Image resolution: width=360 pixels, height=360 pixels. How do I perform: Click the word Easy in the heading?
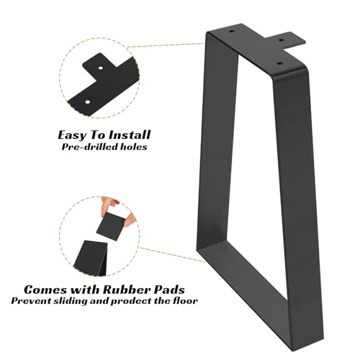72,135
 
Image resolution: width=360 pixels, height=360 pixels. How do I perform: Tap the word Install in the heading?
130,135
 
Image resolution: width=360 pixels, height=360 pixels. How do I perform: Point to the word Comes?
45,289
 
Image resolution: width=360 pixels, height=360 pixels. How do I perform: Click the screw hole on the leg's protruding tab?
282,40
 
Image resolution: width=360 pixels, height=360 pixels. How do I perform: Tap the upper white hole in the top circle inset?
101,68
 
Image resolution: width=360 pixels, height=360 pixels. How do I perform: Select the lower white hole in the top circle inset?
88,102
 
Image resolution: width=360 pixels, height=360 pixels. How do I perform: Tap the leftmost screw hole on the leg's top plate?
231,31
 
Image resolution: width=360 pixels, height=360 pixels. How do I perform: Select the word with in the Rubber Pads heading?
84,289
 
